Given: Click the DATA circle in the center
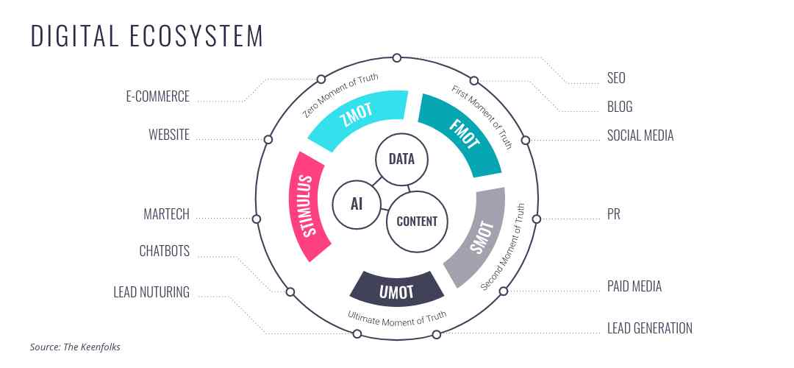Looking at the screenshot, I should (401, 159).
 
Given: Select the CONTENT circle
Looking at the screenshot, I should (416, 221).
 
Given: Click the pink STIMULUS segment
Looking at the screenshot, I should (308, 205).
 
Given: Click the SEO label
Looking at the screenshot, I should (616, 78).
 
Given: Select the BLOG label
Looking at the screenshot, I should (620, 107).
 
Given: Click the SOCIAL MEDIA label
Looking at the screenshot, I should (640, 135).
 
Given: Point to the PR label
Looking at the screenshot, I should (614, 215).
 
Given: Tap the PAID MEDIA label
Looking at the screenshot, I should (634, 286).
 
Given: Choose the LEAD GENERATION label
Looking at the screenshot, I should (649, 328).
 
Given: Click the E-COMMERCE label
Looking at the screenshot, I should (157, 96).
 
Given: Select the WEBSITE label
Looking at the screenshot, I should (169, 135).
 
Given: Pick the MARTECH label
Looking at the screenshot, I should (166, 215).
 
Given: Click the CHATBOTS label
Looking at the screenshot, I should (164, 251).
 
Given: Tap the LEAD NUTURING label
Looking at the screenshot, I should (151, 292).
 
